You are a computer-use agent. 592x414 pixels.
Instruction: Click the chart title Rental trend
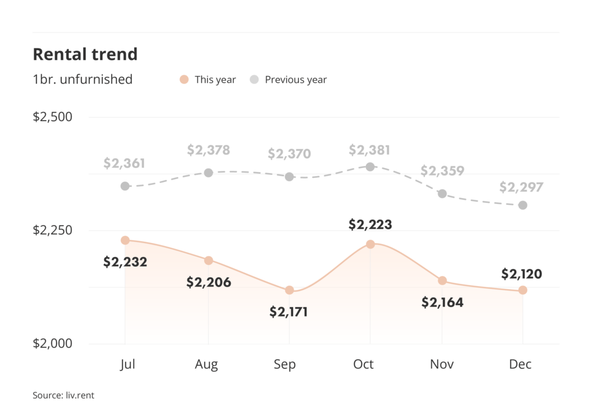85,54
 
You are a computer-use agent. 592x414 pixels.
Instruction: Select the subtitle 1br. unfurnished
83,80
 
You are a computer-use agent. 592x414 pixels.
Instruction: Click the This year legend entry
208,80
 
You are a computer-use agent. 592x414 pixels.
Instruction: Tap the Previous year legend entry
288,80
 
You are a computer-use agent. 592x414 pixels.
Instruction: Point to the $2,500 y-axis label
53,117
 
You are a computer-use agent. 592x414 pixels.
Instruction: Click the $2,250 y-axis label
53,230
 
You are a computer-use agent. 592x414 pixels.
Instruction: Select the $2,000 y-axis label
53,344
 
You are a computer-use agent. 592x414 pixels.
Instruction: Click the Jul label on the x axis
125,364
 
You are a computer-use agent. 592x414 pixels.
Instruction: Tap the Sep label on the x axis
284,364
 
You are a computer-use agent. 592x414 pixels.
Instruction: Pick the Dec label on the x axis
521,364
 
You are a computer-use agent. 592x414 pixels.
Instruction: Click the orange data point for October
371,244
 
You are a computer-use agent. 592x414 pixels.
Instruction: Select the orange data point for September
290,290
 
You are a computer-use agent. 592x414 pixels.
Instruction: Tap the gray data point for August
209,173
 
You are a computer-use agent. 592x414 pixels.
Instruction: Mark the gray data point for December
523,205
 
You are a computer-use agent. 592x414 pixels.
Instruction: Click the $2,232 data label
125,262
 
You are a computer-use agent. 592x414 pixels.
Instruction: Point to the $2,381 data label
369,151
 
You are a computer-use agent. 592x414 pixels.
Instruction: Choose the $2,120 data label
521,274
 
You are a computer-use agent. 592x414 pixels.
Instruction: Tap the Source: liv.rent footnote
63,396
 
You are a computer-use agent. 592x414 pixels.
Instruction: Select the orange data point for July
125,240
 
